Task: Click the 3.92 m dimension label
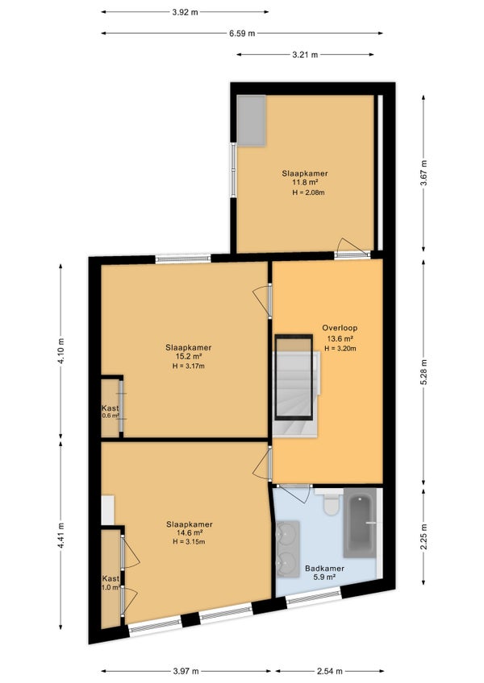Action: tap(185, 12)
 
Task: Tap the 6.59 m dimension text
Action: tap(242, 34)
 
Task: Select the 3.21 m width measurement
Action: tap(305, 55)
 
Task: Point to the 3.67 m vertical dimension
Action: tap(423, 173)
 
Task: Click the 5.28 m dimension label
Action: tap(423, 371)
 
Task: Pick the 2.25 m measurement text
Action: tap(423, 536)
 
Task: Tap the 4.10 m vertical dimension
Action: tap(60, 350)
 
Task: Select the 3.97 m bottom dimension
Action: tap(186, 671)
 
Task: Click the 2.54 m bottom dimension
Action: tap(329, 671)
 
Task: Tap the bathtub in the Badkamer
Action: tap(360, 523)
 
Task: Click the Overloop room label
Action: tap(340, 328)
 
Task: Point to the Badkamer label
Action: tap(325, 569)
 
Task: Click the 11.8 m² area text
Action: tap(305, 183)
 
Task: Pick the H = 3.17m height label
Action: tap(189, 366)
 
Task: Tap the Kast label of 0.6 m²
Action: tap(110, 408)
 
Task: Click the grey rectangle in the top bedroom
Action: tap(252, 121)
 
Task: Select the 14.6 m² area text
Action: tap(190, 532)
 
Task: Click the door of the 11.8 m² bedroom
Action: tap(353, 248)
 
